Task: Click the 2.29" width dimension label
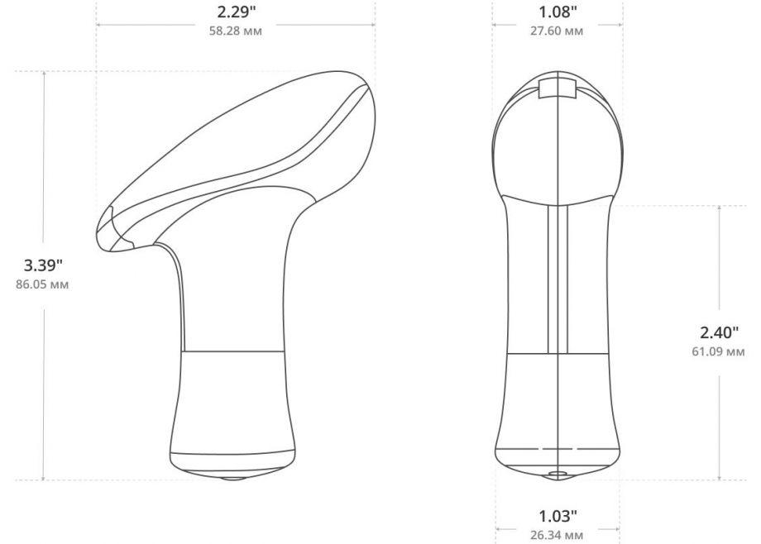point(236,12)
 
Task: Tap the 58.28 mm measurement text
point(236,31)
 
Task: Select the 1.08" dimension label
point(558,12)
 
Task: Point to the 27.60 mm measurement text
point(557,31)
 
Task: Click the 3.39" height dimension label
point(43,265)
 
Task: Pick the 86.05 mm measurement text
point(42,284)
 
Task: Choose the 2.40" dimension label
point(720,332)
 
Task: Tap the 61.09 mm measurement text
point(718,351)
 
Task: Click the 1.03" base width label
point(558,516)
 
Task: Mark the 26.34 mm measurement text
point(557,535)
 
